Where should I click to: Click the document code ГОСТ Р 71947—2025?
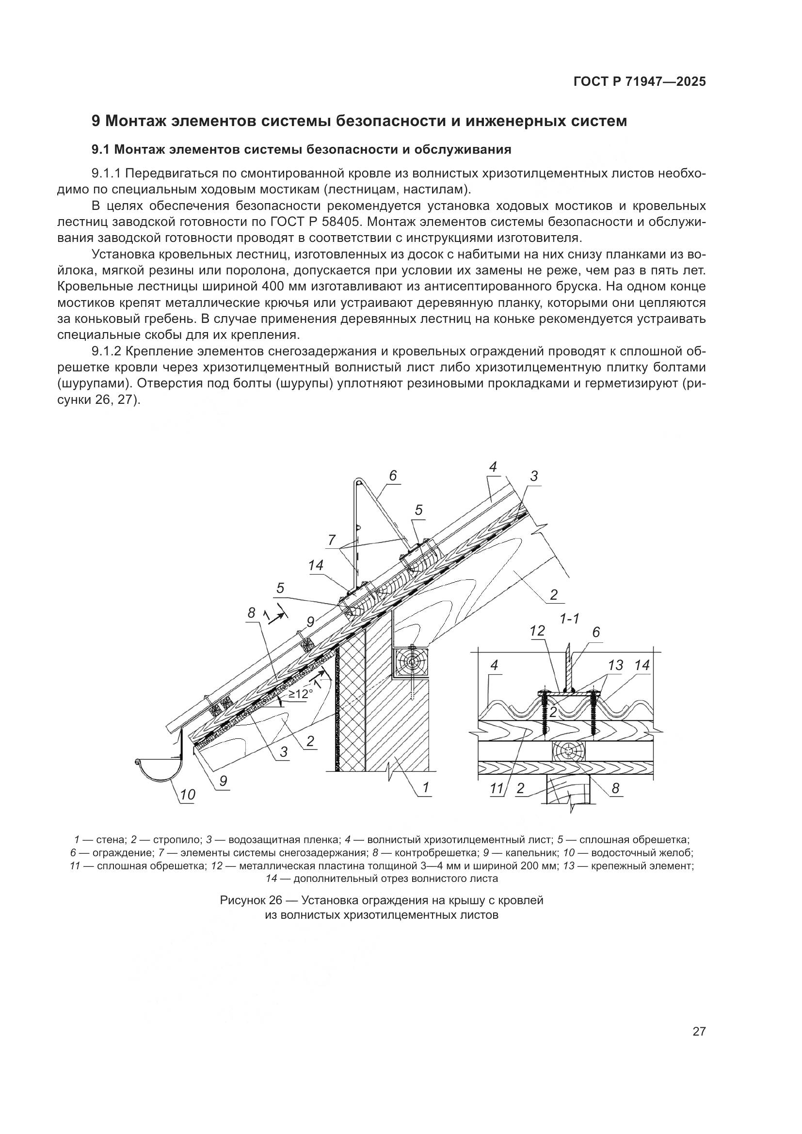(x=640, y=82)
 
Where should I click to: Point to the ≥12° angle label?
(x=301, y=694)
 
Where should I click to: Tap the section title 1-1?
(x=569, y=618)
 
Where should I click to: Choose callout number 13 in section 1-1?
(x=615, y=665)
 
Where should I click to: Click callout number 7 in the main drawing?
(x=331, y=540)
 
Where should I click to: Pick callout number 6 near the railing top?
(x=393, y=476)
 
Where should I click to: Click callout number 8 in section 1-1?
(x=615, y=788)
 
